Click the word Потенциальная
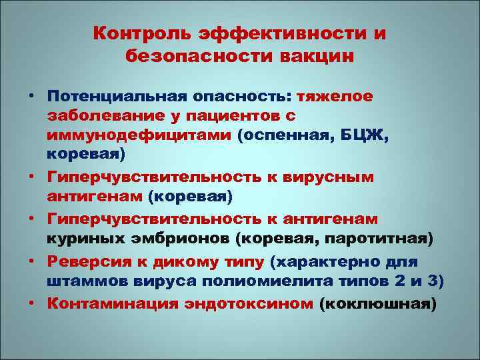pyautogui.click(x=119, y=97)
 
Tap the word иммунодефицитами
pyautogui.click(x=142, y=136)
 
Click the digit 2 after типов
pyautogui.click(x=399, y=281)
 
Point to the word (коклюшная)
pyautogui.click(x=379, y=304)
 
